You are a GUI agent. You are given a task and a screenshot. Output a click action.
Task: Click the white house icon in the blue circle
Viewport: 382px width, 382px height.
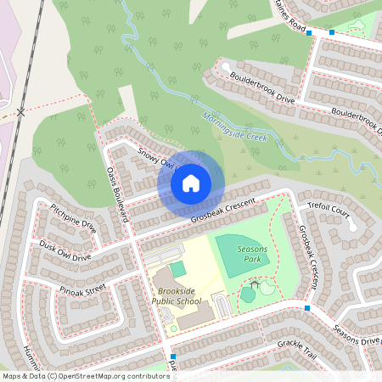point(191,183)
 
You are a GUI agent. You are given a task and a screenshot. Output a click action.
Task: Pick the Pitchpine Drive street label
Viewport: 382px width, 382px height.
point(72,217)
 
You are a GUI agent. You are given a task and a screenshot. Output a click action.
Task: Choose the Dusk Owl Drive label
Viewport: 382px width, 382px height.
point(65,250)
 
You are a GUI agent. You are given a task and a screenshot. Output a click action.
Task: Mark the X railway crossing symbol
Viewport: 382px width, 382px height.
point(20,111)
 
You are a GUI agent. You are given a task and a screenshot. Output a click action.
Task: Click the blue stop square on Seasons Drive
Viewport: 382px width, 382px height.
point(307,307)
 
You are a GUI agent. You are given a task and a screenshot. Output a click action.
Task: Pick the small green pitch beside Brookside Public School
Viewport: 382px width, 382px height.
point(177,269)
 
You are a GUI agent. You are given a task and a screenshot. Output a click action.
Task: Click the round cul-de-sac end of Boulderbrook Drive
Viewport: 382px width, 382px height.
point(226,65)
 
